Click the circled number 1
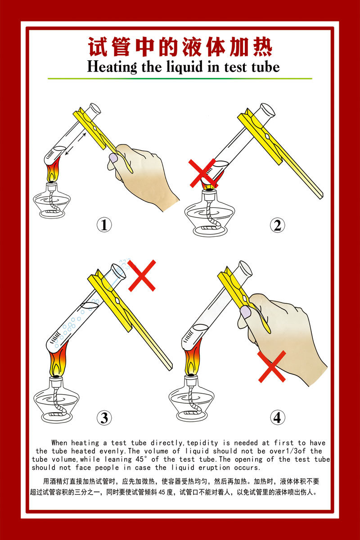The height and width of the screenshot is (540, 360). tap(104, 225)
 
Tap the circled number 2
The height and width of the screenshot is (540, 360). tap(277, 225)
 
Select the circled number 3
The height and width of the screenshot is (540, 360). tap(104, 418)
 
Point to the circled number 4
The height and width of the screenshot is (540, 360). tap(277, 418)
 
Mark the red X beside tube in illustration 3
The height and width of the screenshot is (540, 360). tap(142, 275)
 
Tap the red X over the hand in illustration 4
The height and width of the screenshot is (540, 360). tap(272, 367)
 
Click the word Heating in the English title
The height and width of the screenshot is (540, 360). tap(112, 67)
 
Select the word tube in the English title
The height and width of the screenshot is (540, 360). tap(265, 67)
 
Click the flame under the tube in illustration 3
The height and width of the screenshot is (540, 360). tap(58, 359)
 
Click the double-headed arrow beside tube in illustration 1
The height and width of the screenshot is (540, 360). tap(76, 144)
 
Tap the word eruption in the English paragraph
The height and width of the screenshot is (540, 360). tap(214, 468)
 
